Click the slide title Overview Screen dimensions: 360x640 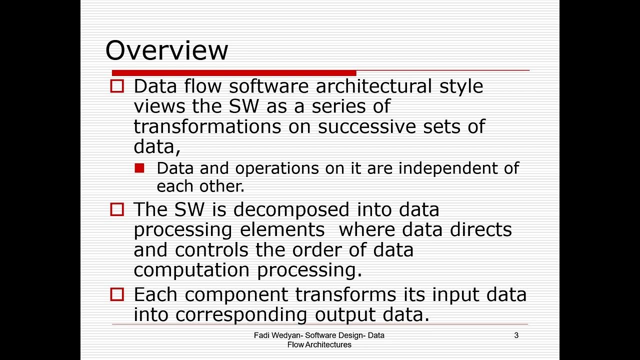tap(166, 50)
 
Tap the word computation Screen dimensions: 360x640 tap(192, 270)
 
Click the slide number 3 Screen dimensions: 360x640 tap(516, 335)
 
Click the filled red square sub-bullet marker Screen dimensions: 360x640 tap(139, 168)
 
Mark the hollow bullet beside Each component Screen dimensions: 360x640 tap(116, 294)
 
